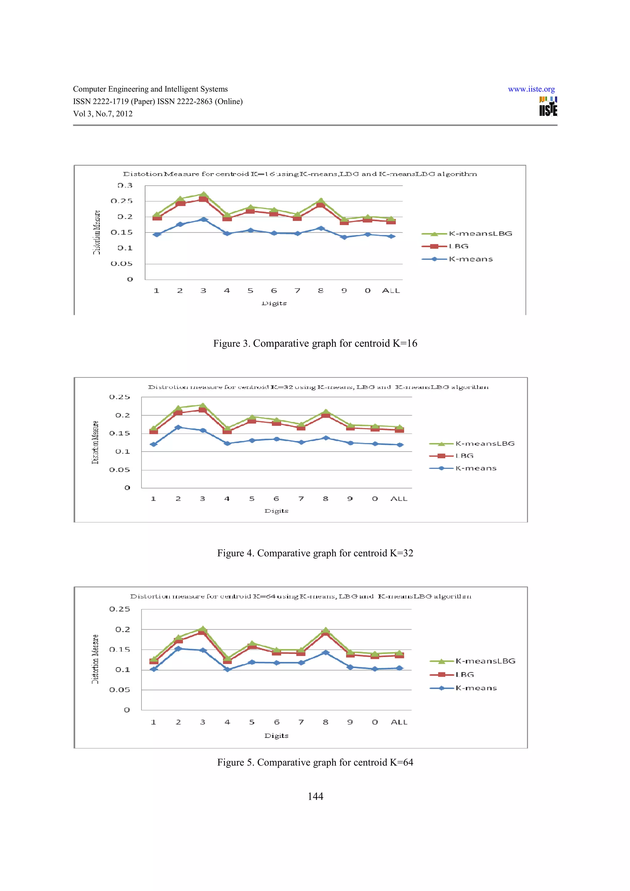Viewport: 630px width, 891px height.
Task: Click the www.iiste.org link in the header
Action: (531, 89)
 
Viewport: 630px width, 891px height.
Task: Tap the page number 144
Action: (315, 796)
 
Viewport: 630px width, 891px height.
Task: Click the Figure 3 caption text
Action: (315, 343)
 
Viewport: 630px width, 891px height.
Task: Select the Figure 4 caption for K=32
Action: (315, 553)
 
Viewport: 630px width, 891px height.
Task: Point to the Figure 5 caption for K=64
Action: (315, 762)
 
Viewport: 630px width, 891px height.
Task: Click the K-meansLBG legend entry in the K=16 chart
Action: (480, 234)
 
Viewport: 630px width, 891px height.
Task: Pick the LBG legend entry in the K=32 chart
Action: (464, 456)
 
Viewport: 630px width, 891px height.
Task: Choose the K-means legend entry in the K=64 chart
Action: (476, 688)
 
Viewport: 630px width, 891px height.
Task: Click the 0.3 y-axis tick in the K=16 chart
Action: (125, 185)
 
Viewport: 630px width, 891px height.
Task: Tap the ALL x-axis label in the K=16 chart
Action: (391, 291)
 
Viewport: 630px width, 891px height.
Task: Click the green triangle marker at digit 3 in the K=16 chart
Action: (203, 194)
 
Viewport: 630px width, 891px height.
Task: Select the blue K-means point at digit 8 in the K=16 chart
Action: (321, 228)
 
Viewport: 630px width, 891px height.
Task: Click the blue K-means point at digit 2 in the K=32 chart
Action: (178, 427)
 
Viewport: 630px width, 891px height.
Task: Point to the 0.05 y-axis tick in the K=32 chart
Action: (120, 470)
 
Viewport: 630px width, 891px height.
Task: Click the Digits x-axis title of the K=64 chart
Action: (276, 736)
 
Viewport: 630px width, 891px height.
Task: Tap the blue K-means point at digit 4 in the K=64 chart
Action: (227, 669)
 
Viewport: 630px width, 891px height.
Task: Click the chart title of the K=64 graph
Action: (301, 596)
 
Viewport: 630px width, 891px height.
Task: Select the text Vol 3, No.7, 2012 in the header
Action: (103, 114)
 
